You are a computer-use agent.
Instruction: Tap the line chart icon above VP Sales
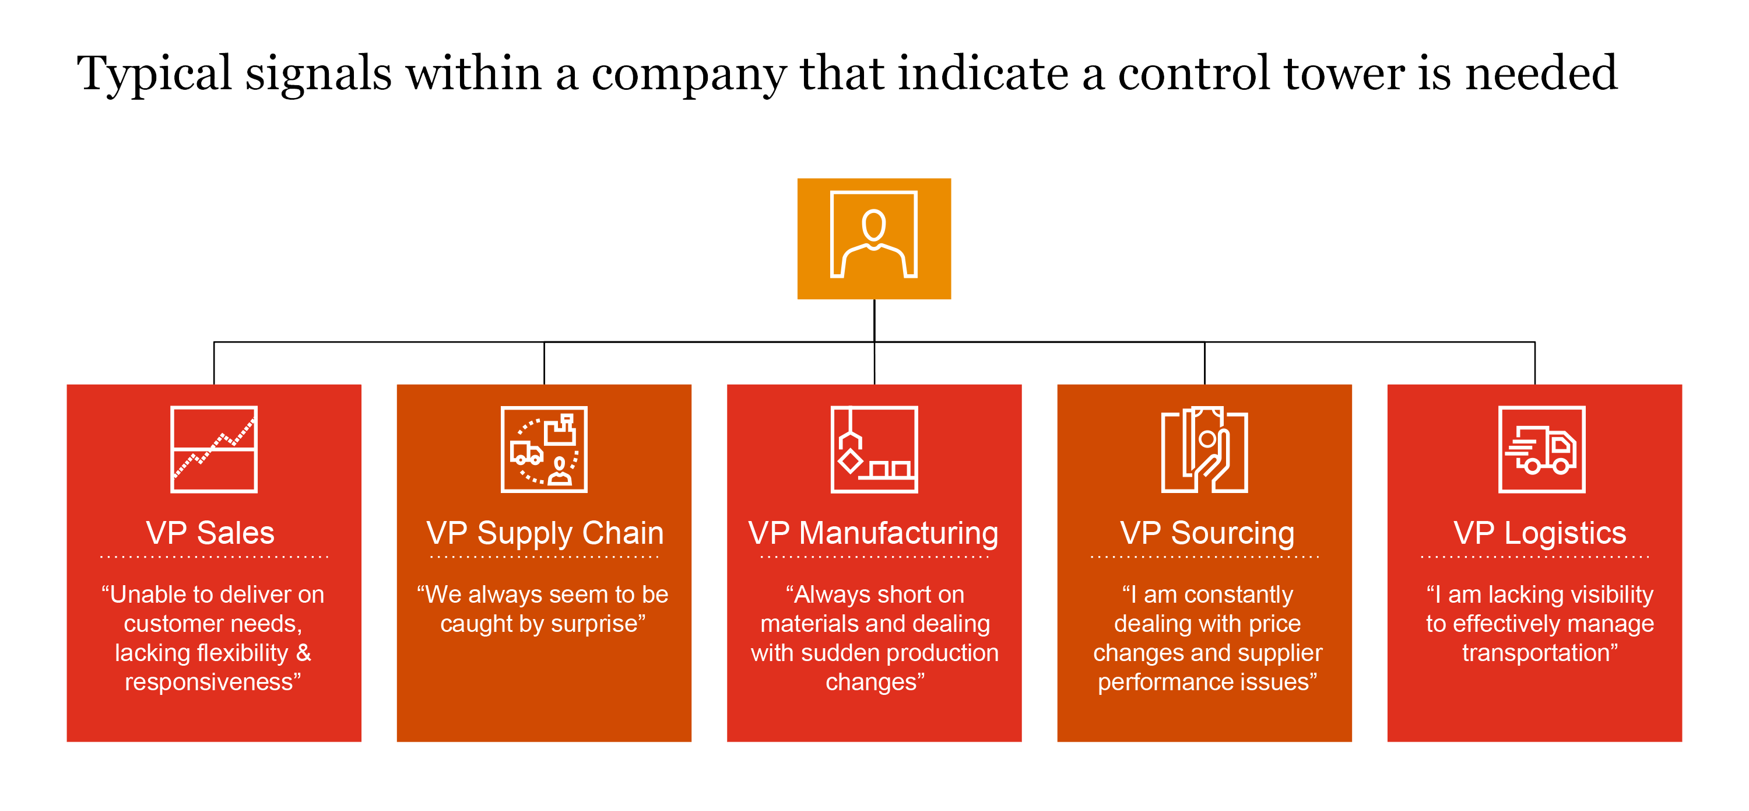tap(214, 449)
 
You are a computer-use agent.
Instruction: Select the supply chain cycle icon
tap(544, 449)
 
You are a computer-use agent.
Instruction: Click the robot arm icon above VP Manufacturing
tap(874, 449)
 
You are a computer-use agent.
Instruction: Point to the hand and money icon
tap(1204, 449)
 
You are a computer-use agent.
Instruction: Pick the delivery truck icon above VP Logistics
tap(1541, 449)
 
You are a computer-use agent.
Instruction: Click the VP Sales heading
tap(210, 533)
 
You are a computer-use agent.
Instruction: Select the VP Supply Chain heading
tap(545, 533)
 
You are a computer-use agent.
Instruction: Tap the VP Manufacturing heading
tap(873, 533)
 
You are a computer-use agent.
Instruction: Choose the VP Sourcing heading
tap(1207, 533)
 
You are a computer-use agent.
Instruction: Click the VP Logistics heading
tap(1539, 533)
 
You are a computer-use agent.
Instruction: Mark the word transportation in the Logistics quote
tap(1536, 653)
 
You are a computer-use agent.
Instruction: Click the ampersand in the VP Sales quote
tap(304, 653)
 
